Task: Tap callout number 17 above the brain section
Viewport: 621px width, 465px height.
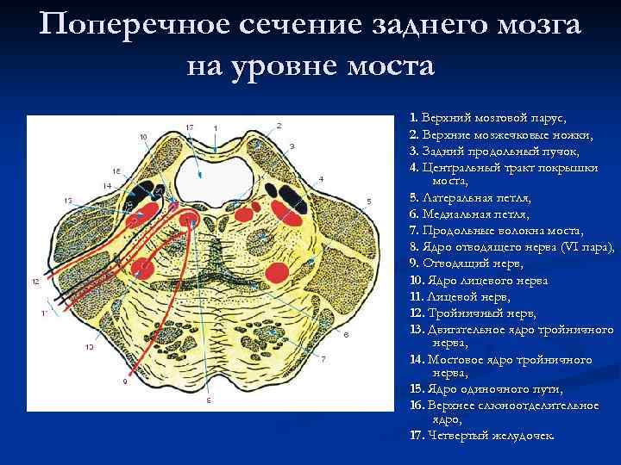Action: [189, 127]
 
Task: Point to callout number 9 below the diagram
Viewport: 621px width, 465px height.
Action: [124, 380]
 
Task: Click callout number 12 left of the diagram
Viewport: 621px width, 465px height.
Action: [35, 282]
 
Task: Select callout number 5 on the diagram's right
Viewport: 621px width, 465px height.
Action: [368, 201]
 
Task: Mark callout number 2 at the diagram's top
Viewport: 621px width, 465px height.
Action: [279, 126]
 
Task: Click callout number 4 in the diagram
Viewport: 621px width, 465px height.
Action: [321, 178]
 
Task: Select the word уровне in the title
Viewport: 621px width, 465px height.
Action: [284, 65]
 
